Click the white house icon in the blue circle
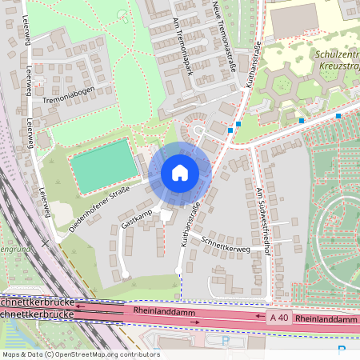(x=180, y=173)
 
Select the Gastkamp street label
(x=136, y=218)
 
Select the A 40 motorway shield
(x=278, y=318)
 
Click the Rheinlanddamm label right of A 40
(x=326, y=318)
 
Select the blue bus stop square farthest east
(x=338, y=116)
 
